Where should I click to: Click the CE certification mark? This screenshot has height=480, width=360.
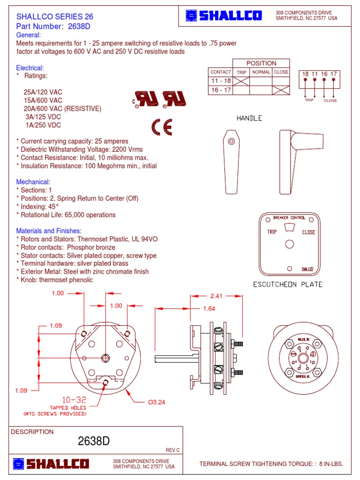click(x=161, y=127)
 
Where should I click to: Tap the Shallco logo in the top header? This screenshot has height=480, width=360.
click(x=224, y=16)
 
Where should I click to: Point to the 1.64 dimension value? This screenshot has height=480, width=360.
click(x=209, y=308)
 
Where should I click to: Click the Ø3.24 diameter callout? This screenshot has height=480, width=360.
click(x=157, y=402)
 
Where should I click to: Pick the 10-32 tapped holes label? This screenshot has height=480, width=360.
click(x=68, y=400)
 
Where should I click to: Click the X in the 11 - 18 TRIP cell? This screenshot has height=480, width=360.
click(x=241, y=81)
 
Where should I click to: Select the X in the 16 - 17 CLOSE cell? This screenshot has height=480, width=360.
click(x=281, y=90)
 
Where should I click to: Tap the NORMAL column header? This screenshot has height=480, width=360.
click(x=261, y=72)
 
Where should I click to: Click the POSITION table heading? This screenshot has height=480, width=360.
click(x=261, y=63)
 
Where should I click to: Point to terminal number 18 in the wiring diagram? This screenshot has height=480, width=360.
click(x=306, y=74)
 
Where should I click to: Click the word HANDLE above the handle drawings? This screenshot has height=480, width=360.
click(x=249, y=118)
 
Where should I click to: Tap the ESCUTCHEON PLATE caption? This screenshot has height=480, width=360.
click(x=288, y=285)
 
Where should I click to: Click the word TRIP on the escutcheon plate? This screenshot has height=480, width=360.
click(x=272, y=232)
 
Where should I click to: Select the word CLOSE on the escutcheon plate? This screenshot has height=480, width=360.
click(x=308, y=232)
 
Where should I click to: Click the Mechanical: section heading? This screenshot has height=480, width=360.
click(x=33, y=181)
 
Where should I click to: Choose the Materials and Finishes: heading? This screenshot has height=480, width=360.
click(x=49, y=231)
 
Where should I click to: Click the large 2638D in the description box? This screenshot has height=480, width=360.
click(x=94, y=441)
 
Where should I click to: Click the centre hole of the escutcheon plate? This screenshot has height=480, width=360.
click(x=290, y=244)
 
